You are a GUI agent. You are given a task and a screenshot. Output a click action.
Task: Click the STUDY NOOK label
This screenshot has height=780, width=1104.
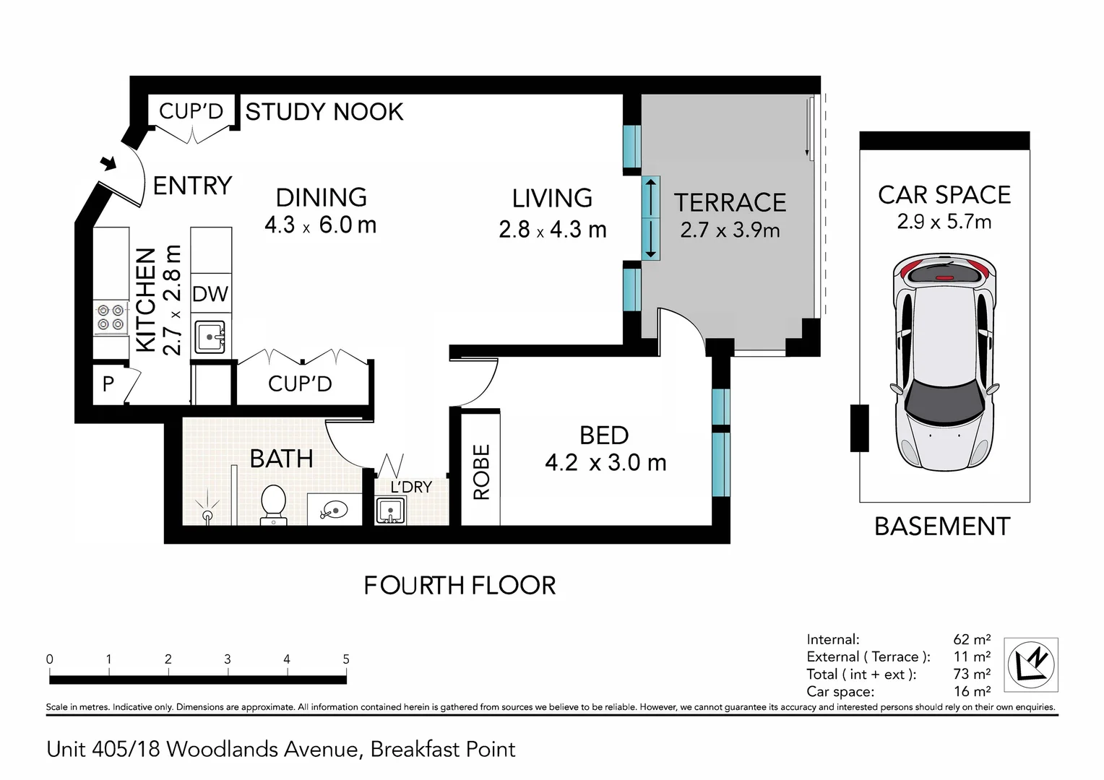[x=324, y=112]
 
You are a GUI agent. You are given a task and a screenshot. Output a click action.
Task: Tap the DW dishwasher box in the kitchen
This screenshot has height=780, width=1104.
[x=210, y=294]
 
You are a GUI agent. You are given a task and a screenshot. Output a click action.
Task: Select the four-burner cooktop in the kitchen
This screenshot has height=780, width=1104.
[x=111, y=318]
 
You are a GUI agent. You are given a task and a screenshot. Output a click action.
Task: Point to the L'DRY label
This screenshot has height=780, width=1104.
[x=410, y=487]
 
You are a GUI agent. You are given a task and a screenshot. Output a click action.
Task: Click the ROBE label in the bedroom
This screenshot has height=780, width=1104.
[x=481, y=472]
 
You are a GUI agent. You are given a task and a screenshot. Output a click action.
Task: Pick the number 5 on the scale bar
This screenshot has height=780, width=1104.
[x=346, y=659]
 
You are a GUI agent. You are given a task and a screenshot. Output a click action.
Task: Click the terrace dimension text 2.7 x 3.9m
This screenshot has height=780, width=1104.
[x=730, y=230]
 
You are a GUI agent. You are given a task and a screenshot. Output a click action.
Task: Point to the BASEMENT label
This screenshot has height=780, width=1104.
[x=941, y=526]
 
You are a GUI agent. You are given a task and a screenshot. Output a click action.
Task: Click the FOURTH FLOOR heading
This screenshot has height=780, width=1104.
[x=460, y=585]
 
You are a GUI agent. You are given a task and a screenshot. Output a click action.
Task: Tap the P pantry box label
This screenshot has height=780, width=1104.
[x=108, y=383]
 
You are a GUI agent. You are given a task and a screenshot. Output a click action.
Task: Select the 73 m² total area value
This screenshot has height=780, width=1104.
[x=971, y=674]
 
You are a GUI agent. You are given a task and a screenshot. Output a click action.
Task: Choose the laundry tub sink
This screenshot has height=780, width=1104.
[x=390, y=511]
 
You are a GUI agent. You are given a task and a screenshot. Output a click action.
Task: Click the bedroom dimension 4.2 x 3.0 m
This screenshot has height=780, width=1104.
[x=605, y=462]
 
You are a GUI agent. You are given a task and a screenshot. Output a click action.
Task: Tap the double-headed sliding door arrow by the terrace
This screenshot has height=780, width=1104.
[x=650, y=217]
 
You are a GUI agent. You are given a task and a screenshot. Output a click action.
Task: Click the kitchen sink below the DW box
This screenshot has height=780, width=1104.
[x=211, y=337]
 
